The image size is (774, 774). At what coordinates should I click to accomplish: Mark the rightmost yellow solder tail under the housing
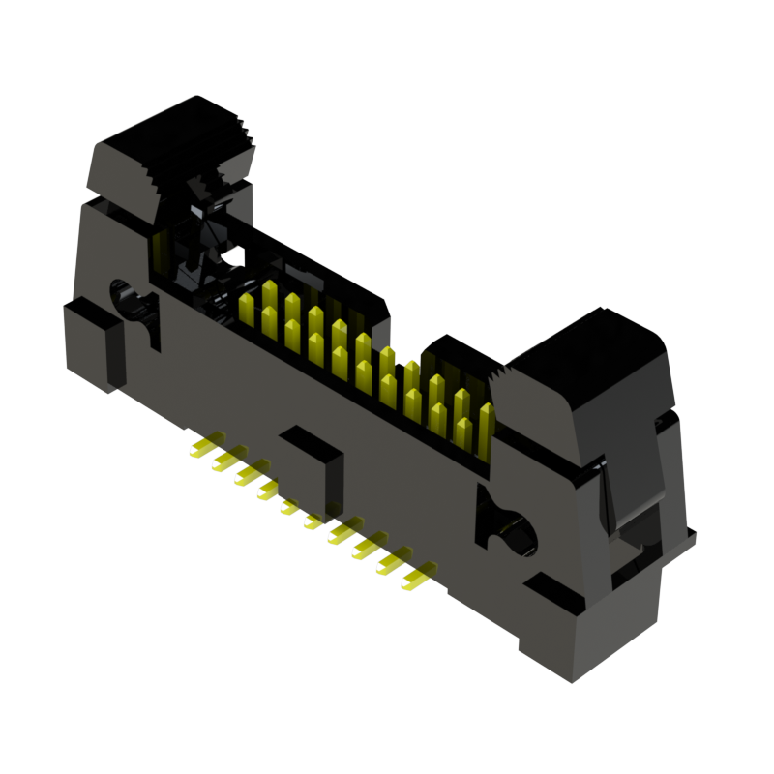[x=416, y=580]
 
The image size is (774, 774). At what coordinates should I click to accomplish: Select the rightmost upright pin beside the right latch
[x=486, y=426]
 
